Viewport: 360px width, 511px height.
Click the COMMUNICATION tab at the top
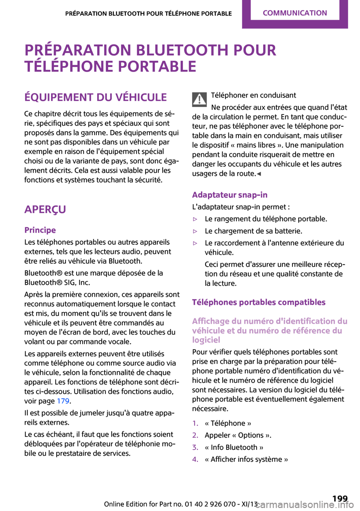295,13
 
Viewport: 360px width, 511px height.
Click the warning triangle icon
199,99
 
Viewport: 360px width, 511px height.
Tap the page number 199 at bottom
340,499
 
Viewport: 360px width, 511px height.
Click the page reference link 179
63,401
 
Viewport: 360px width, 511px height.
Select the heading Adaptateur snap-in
229,195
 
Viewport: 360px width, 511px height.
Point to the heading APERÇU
45,209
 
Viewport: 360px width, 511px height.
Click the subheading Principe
40,230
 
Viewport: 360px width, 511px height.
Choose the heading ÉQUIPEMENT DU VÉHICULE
95,97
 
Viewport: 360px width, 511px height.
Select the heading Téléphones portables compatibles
259,302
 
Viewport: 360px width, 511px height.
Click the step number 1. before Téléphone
195,423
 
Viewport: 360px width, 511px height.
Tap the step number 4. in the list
195,459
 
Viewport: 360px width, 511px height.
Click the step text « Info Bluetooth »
234,447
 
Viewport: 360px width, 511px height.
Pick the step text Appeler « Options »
238,435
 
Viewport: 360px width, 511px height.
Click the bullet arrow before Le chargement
195,231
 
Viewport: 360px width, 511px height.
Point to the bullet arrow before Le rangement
195,219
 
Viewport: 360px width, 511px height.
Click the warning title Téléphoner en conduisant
253,95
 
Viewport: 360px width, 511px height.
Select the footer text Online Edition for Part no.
144,504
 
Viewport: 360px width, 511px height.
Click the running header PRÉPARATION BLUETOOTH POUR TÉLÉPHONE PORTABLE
148,14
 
